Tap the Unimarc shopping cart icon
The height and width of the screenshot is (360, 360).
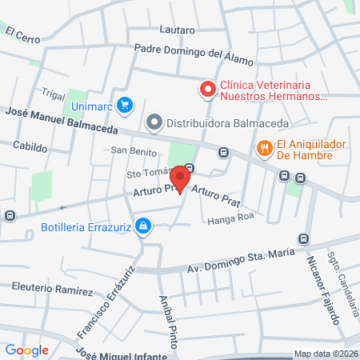(x=124, y=105)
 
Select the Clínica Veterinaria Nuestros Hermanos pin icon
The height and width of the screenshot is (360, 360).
(x=208, y=89)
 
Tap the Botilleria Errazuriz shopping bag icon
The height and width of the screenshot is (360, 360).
(x=142, y=226)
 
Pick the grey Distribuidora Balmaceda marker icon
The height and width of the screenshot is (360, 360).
(x=154, y=123)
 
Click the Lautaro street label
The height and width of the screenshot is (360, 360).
(x=177, y=30)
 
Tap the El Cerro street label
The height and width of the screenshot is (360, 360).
(x=22, y=34)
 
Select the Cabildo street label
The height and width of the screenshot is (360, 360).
(x=30, y=146)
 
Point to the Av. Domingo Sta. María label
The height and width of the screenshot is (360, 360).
(x=236, y=262)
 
